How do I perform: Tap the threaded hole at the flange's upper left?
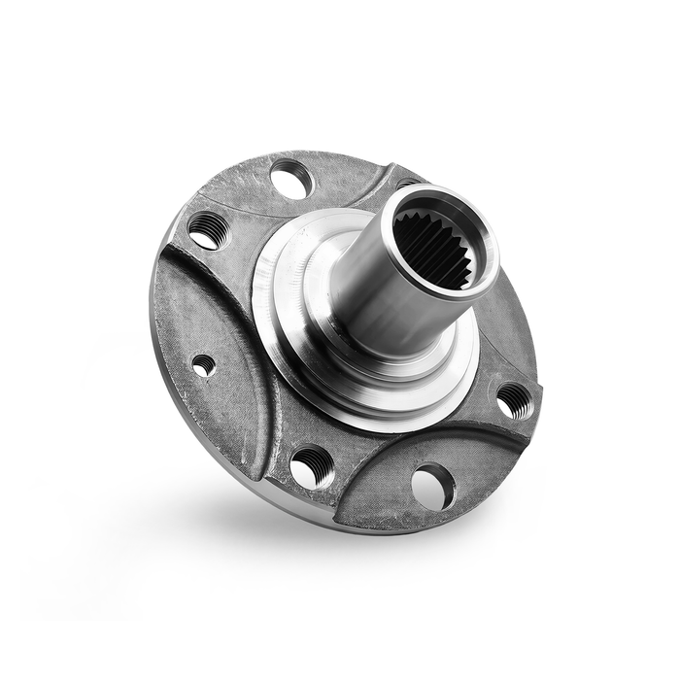[206, 231]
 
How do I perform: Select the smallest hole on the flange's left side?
[203, 366]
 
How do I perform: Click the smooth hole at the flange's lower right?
[432, 486]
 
